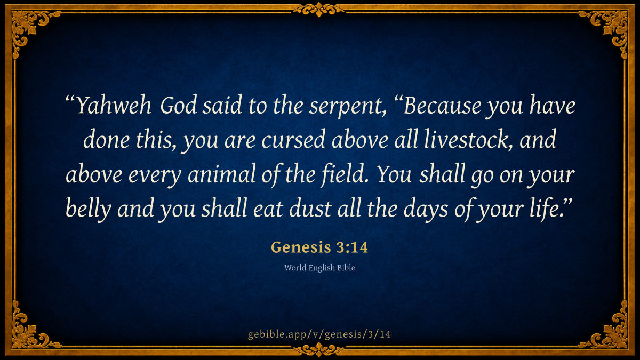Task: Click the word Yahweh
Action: coord(114,106)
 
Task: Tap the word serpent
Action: coord(348,107)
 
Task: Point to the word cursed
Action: coord(293,140)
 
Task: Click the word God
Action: coord(179,106)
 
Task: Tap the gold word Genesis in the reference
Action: coord(301,247)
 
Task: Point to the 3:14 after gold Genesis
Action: coord(351,247)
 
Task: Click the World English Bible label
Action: coord(319,268)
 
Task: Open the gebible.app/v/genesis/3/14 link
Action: coord(319,334)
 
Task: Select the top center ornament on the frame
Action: coord(319,10)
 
